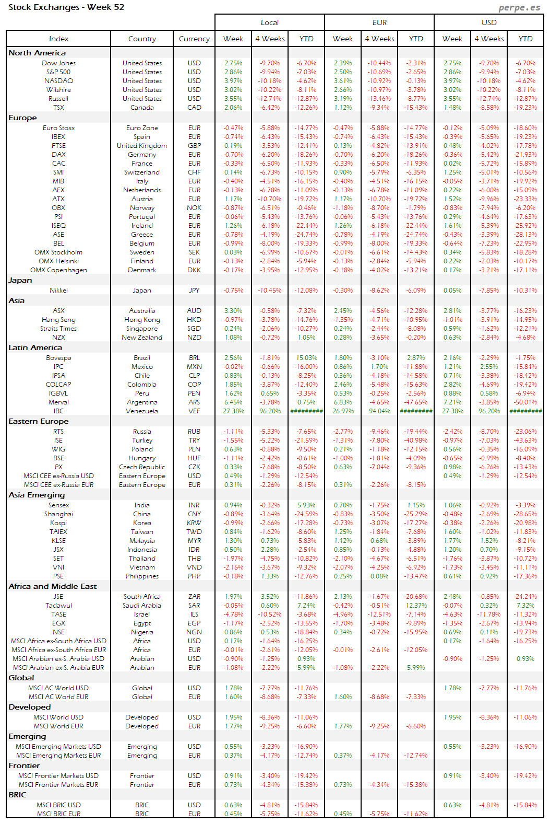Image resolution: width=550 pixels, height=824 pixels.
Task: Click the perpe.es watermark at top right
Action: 519,7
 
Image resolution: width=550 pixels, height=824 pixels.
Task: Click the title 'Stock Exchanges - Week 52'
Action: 66,7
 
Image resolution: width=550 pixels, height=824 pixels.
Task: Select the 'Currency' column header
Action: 194,39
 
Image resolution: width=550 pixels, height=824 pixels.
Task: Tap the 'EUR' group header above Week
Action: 379,22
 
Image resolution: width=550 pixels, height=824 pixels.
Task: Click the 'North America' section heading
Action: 37,53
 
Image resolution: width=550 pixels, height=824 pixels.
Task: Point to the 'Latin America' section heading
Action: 35,347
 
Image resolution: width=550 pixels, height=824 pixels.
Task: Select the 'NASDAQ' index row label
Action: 58,81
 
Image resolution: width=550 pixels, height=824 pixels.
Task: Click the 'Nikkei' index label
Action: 58,291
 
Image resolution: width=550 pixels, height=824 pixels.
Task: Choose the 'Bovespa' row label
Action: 58,358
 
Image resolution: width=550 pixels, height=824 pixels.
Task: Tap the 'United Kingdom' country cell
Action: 142,146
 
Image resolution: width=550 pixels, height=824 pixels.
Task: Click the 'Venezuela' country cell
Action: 142,411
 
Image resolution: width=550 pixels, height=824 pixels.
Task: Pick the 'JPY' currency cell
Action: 194,291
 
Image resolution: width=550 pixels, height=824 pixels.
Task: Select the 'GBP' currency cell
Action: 194,146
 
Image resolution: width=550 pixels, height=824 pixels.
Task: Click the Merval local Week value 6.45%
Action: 233,402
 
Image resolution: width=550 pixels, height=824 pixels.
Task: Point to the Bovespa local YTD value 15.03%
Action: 306,358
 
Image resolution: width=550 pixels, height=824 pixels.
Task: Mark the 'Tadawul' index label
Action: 58,606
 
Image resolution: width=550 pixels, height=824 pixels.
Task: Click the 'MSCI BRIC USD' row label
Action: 58,805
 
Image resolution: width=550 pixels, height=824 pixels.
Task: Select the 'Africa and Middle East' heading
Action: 53,586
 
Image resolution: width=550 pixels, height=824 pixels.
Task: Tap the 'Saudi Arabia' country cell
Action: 142,606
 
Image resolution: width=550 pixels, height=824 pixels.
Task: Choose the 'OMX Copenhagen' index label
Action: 58,270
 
